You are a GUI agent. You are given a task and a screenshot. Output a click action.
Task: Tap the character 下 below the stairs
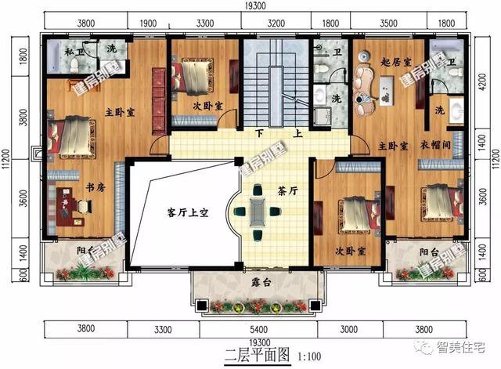(258, 133)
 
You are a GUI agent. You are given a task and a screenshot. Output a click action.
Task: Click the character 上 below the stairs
(298, 133)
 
